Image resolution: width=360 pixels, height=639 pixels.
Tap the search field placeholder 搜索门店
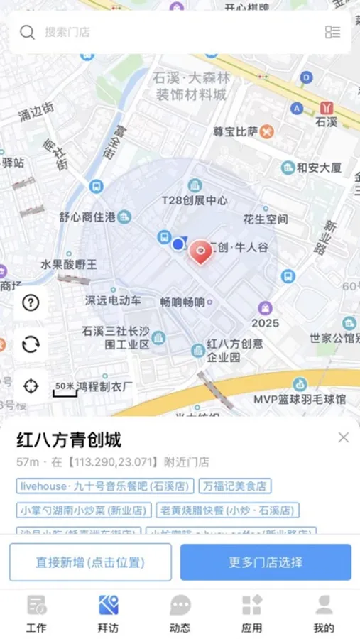tap(67, 32)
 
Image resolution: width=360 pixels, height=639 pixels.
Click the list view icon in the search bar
tap(332, 32)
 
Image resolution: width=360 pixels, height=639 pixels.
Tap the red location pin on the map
tap(202, 251)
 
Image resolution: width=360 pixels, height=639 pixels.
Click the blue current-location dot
tap(178, 244)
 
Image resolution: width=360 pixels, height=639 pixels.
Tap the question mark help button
tap(31, 302)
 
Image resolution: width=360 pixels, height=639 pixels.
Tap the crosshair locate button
tap(31, 386)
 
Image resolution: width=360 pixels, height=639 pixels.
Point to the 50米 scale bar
tap(65, 388)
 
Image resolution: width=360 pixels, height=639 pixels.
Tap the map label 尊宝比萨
tap(236, 131)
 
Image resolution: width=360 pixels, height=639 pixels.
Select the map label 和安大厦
tap(319, 168)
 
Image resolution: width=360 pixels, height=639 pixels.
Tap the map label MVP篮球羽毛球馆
tap(300, 400)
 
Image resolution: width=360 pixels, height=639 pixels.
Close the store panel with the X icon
tap(344, 437)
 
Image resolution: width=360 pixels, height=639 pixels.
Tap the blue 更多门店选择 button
tap(266, 562)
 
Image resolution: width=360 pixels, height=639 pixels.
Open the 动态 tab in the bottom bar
tap(180, 613)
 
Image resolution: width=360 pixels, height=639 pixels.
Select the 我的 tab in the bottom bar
tap(324, 613)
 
